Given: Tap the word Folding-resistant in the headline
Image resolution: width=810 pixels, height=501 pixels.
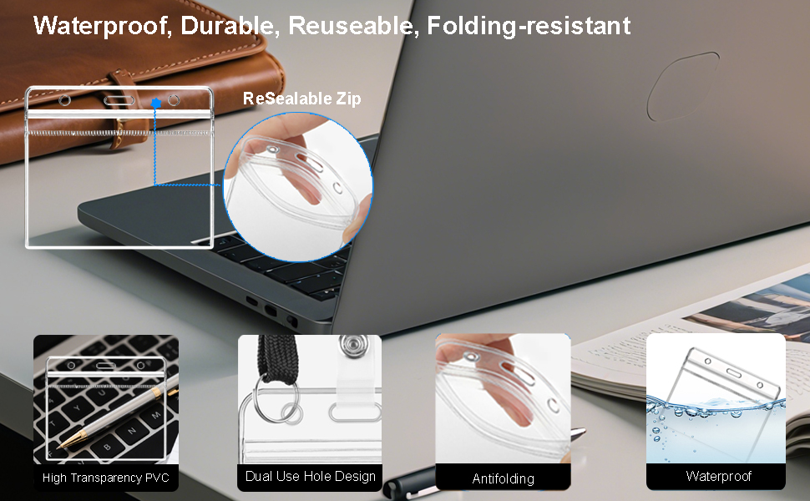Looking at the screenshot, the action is (x=529, y=26).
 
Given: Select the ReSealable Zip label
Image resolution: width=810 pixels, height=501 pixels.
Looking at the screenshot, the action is (x=302, y=99).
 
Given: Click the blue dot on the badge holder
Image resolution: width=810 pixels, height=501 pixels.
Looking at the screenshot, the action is (x=156, y=104).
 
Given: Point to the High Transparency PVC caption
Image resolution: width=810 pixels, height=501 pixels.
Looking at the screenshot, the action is (x=106, y=478).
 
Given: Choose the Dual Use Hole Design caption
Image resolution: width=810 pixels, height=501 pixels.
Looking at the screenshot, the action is (x=310, y=476).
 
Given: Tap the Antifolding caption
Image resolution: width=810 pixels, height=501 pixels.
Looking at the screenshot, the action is (x=504, y=478).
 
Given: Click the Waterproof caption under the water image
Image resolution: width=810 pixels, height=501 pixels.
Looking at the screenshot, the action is (x=719, y=476).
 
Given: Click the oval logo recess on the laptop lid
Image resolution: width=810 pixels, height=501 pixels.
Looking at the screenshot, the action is (x=683, y=86).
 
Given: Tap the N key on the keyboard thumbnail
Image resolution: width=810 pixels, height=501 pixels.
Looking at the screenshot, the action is (x=132, y=430).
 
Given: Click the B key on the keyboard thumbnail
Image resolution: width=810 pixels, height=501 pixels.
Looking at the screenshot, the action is (x=108, y=445).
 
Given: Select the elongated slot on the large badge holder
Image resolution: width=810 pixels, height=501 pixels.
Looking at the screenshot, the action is (x=119, y=99).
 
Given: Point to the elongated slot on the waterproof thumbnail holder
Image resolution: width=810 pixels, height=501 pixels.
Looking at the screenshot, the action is (x=733, y=372).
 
